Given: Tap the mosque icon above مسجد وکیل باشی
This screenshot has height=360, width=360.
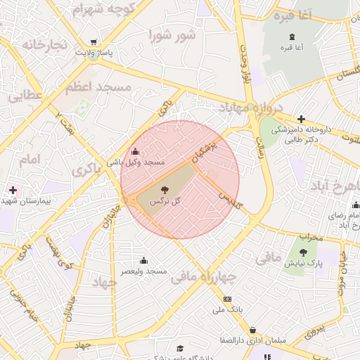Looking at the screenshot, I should tap(135, 151).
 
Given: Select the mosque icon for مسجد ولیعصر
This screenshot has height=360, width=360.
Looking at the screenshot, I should tap(143, 260).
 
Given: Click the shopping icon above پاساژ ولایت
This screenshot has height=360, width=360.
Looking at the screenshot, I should tap(94, 41).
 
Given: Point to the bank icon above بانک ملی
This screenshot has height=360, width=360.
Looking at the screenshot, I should tap(227, 299).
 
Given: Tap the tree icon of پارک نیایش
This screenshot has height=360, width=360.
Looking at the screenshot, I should tap(303, 252).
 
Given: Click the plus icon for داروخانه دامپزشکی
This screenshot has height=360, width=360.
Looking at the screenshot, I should tap(302, 119).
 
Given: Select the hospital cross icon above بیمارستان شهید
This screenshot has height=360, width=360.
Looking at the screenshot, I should tap(13, 190).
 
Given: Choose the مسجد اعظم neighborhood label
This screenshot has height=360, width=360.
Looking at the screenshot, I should tap(98, 87).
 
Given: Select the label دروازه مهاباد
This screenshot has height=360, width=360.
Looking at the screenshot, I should tap(250, 108).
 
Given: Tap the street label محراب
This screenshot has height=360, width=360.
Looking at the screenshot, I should tap(310, 237).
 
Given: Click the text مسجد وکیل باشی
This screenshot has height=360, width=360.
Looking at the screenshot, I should tap(136, 162).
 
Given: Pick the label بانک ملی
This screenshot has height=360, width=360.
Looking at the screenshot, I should tap(227, 309).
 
